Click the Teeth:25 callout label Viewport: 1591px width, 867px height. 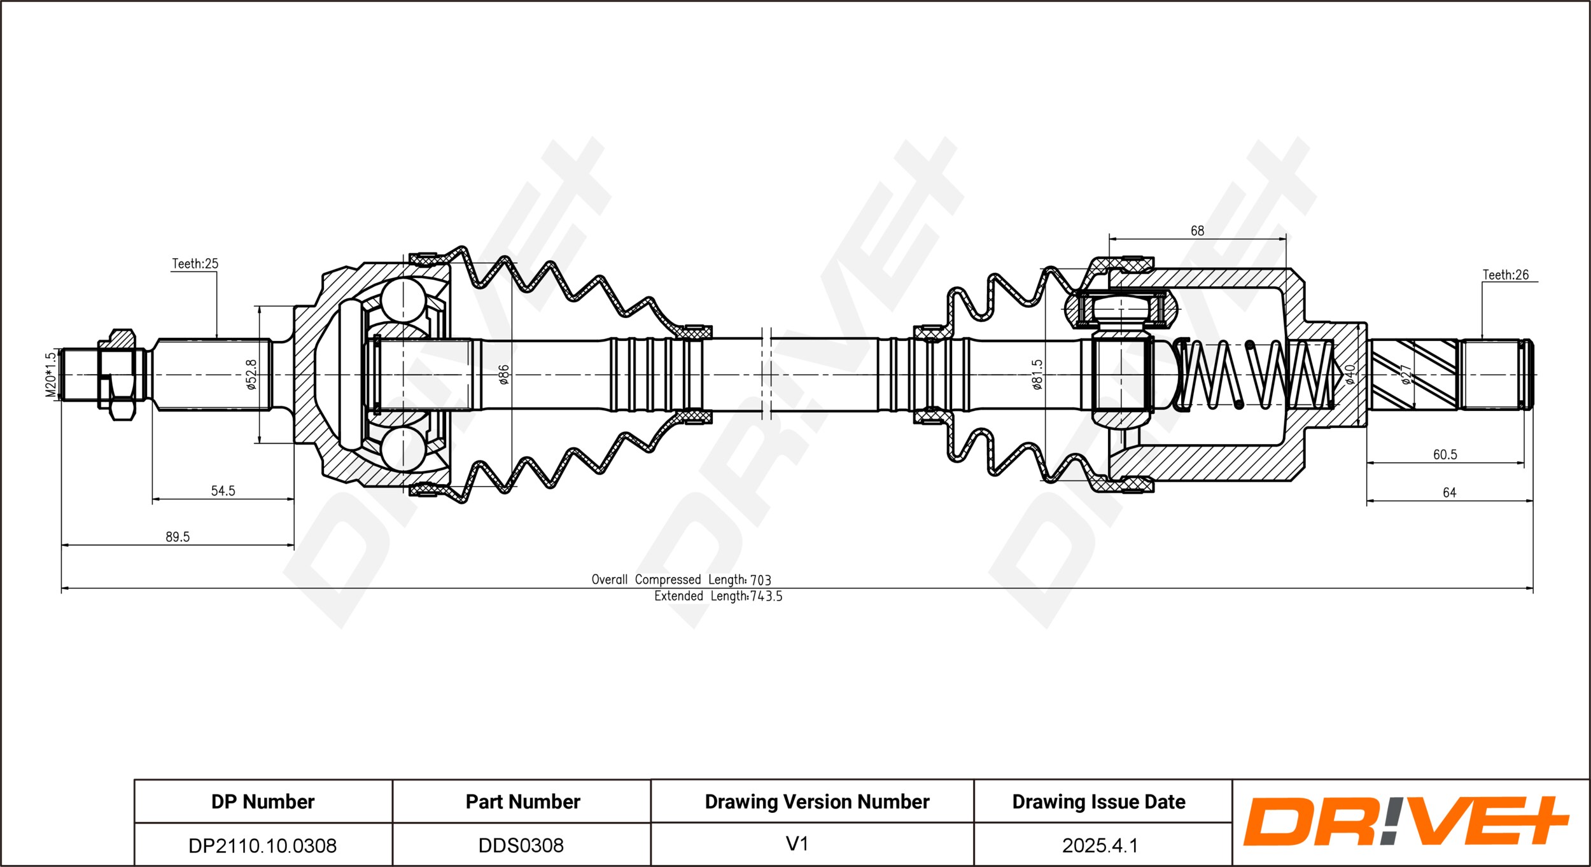click(195, 263)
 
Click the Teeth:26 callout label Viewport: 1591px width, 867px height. click(1505, 275)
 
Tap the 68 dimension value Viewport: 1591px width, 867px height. click(1197, 231)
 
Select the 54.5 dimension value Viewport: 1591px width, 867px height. click(223, 490)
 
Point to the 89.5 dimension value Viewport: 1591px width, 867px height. click(178, 536)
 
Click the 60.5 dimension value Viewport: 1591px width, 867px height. click(1445, 454)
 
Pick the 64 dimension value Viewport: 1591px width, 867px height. click(1449, 492)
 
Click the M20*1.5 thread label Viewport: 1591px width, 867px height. click(51, 375)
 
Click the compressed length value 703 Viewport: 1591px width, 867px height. click(760, 579)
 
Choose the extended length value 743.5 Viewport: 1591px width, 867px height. click(766, 596)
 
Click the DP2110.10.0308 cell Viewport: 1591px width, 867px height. click(262, 845)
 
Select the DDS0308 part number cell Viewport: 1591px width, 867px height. click(521, 845)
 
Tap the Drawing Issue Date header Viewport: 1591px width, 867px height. click(1098, 801)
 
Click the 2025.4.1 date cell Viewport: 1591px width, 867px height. click(1099, 845)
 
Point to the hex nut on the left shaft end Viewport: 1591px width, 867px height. click(116, 375)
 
